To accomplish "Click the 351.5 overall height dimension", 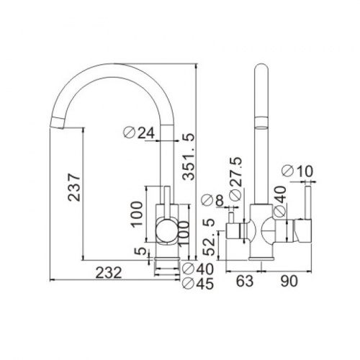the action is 188,156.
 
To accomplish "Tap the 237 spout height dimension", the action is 73,187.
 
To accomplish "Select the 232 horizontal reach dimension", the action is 109,273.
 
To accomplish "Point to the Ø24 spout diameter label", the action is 138,132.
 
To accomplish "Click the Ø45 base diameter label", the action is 198,284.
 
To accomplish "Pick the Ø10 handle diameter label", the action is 297,171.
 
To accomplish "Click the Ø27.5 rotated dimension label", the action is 235,179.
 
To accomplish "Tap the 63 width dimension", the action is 245,281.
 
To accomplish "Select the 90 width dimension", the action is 289,281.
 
